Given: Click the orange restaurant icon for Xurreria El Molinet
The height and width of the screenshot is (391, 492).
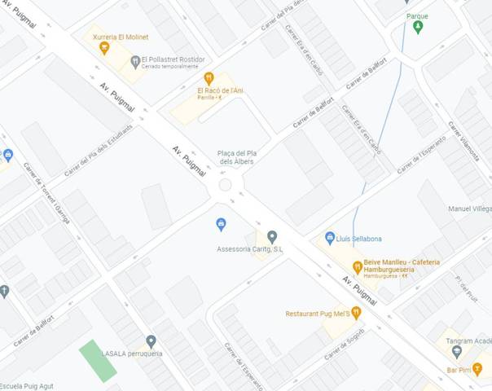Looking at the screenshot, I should click(104, 48).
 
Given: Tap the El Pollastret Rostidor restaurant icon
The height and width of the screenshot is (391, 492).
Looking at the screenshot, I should click(134, 61).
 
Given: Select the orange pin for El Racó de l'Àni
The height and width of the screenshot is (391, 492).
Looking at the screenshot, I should click(209, 77).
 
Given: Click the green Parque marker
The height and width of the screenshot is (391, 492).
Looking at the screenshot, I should click(418, 27).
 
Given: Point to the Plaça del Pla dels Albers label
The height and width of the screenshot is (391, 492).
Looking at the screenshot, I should click(237, 157).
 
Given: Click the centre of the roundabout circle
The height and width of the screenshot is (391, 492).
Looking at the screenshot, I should click(226, 186).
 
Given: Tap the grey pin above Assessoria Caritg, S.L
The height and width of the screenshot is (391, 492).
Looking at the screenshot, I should click(272, 236).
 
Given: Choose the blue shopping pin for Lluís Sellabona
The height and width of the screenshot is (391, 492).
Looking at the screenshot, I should click(330, 237).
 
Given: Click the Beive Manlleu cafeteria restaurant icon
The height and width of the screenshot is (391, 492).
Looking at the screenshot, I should click(357, 267).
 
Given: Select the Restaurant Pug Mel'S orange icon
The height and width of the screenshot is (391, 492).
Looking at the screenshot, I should click(356, 313).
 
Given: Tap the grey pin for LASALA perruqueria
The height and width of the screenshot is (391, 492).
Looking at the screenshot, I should click(151, 341).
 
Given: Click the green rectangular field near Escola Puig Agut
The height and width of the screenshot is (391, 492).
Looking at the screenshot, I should click(98, 360).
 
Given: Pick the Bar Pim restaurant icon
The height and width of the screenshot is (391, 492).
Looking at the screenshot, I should click(477, 369).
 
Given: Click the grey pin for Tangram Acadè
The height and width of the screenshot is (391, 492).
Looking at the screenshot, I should click(456, 353).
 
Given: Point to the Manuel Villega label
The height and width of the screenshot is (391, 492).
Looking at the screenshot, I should click(469, 209).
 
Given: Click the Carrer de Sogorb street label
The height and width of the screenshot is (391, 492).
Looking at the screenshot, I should click(344, 344).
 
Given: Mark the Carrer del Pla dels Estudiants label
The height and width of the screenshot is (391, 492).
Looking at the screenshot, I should click(98, 148).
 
